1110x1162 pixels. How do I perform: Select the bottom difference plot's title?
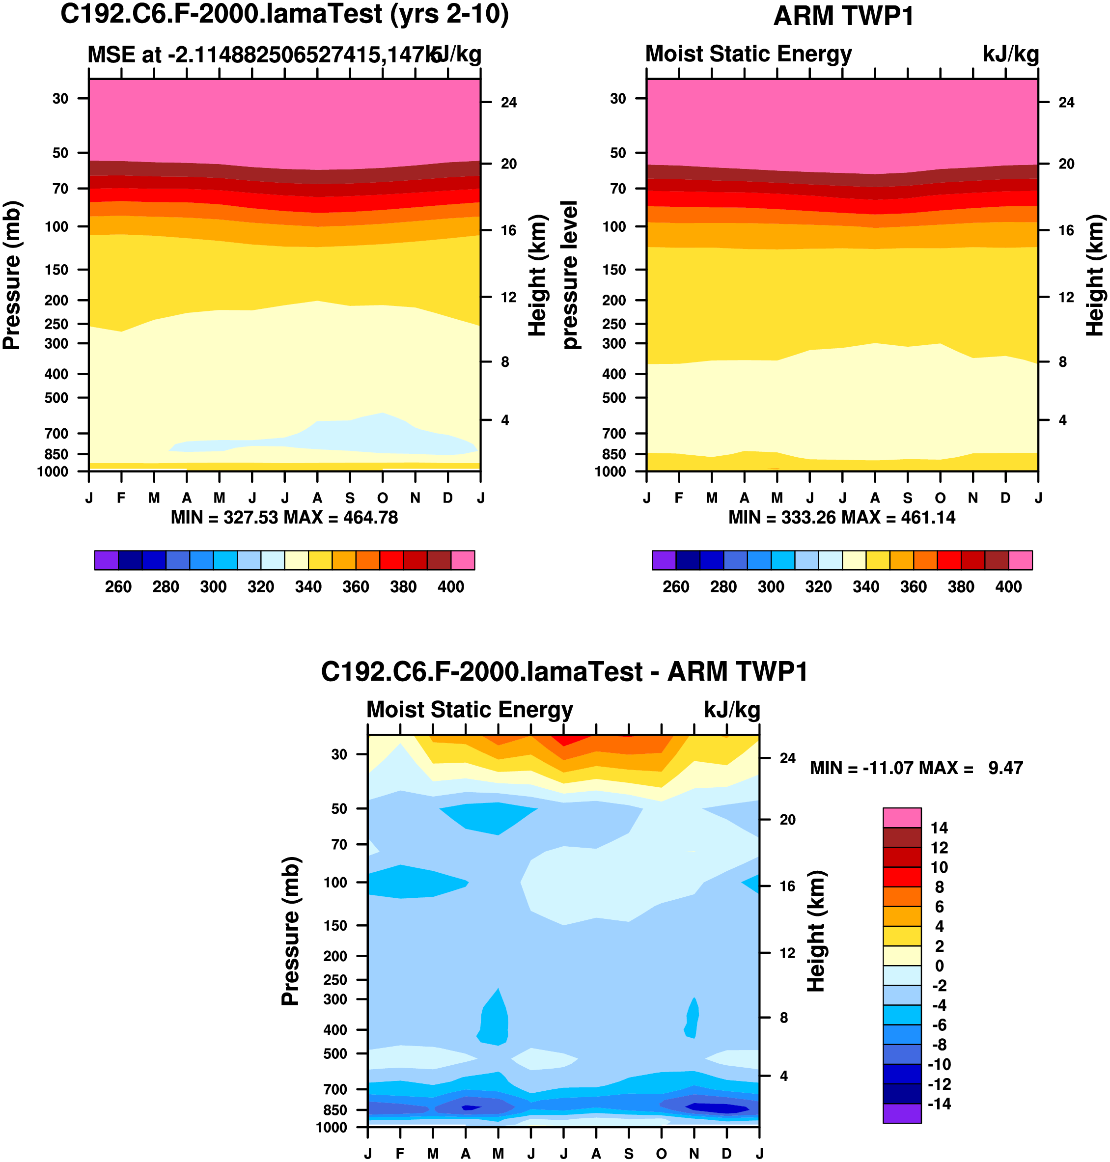pos(564,671)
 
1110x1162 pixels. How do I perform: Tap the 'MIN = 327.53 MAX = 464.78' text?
pos(284,518)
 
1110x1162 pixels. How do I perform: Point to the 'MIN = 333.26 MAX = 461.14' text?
pos(841,518)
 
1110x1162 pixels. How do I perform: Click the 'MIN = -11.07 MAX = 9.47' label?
pos(916,768)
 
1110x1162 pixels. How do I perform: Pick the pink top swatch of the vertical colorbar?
pos(902,818)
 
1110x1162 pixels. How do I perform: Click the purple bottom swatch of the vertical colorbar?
pos(902,1113)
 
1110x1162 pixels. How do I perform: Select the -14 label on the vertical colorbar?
pos(939,1104)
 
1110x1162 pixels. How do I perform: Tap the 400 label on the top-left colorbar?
pos(450,587)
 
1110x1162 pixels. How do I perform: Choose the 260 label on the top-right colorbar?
pos(676,587)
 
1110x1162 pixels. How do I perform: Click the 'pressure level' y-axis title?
pos(569,275)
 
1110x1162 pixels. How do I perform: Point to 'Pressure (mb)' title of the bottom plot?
pos(291,931)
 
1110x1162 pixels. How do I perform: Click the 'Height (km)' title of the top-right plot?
pos(1095,275)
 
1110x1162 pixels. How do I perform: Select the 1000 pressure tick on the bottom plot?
pos(332,1127)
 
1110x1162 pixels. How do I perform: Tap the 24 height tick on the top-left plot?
pos(508,102)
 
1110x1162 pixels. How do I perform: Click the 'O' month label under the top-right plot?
pos(940,498)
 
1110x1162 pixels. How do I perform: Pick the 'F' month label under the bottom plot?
pos(401,1153)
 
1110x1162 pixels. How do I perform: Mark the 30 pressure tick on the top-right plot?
pos(618,98)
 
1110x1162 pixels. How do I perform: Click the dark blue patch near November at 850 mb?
pos(716,1108)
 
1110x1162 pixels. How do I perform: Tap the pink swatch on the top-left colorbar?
pos(463,560)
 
